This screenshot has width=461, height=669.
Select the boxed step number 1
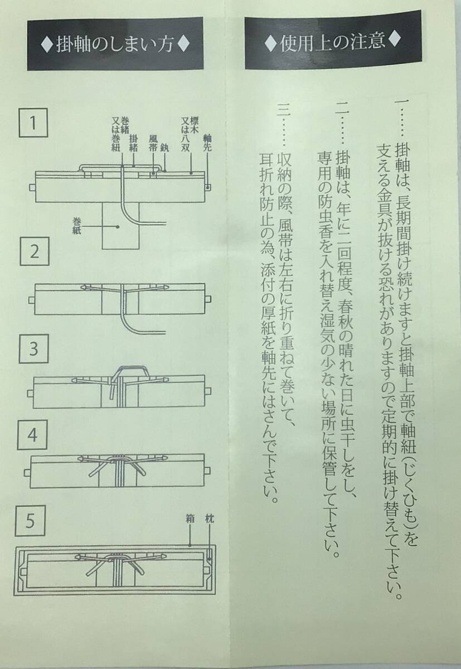pos(34,123)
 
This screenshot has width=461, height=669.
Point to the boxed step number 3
pos(34,350)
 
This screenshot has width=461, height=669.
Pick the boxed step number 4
pos(34,435)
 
